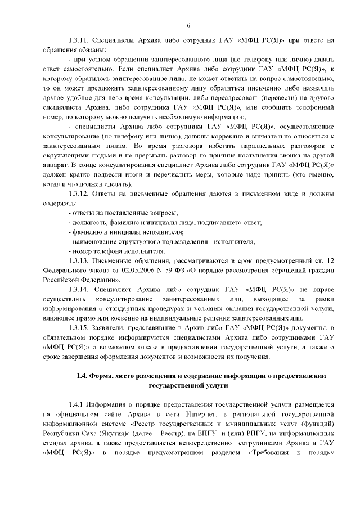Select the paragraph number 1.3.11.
[x=78, y=40]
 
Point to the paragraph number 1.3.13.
[x=78, y=260]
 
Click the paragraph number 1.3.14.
[x=78, y=289]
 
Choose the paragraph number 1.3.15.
[x=78, y=327]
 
